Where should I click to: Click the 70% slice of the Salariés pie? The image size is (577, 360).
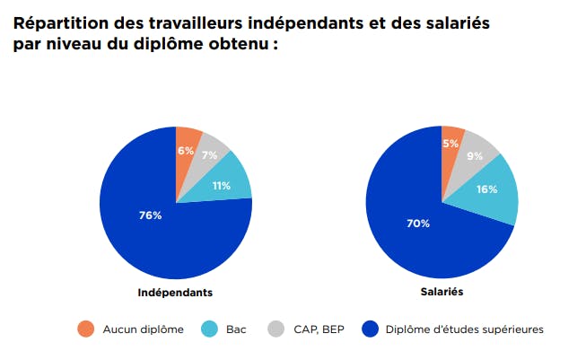pos(417,223)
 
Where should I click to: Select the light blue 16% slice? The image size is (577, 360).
pos(487,189)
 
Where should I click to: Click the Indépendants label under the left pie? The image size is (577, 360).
pos(175,293)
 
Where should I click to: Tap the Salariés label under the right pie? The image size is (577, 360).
pos(441,293)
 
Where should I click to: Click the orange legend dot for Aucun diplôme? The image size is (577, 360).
pos(84,329)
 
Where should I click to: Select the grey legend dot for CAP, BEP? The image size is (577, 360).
pos(275,329)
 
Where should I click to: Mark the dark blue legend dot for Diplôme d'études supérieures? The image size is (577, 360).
pos(367,329)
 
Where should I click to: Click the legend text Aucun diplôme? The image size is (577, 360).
pos(140,329)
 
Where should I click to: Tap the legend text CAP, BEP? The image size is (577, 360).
pos(319,329)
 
